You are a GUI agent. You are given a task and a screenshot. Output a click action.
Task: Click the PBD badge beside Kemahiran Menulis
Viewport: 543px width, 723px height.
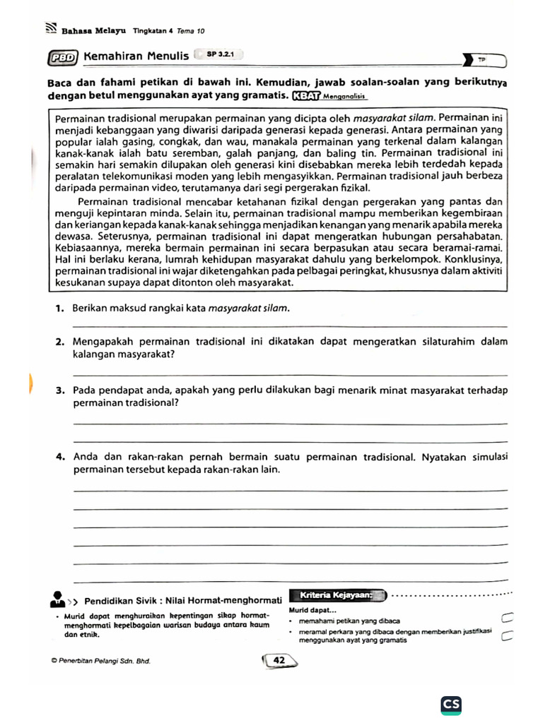[63, 57]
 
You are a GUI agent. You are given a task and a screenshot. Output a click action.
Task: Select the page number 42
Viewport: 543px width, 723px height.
[279, 659]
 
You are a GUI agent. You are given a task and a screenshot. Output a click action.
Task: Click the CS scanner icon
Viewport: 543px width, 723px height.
[450, 705]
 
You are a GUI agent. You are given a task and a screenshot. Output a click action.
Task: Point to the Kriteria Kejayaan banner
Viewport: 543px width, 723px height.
[337, 596]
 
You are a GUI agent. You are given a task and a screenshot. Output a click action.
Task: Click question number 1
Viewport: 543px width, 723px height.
[59, 309]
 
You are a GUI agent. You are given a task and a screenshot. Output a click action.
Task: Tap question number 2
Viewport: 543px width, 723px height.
[59, 342]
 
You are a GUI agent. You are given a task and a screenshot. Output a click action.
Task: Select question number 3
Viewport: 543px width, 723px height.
[59, 390]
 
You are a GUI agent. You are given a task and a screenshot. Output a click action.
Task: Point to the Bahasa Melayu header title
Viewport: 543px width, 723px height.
[93, 31]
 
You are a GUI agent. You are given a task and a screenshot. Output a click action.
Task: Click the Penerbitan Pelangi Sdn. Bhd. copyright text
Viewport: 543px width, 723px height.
[100, 662]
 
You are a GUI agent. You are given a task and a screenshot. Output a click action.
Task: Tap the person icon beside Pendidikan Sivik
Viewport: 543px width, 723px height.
[57, 601]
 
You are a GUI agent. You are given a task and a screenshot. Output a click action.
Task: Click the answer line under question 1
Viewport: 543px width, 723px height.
[290, 326]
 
